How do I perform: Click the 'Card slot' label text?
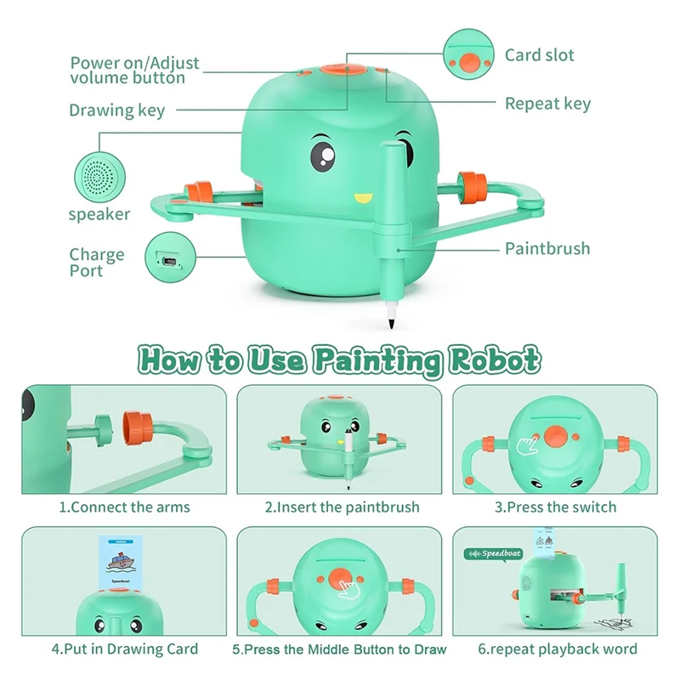pyautogui.click(x=539, y=55)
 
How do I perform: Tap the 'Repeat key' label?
pyautogui.click(x=547, y=104)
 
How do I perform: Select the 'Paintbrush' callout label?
pyautogui.click(x=547, y=249)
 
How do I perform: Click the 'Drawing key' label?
pyautogui.click(x=116, y=110)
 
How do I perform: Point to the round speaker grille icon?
pyautogui.click(x=99, y=174)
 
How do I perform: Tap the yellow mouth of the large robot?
pyautogui.click(x=363, y=200)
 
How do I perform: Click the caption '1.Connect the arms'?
pyautogui.click(x=124, y=507)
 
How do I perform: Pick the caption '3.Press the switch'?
pyautogui.click(x=556, y=507)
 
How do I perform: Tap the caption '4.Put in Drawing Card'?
pyautogui.click(x=124, y=649)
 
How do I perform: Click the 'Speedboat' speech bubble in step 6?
pyautogui.click(x=494, y=553)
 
